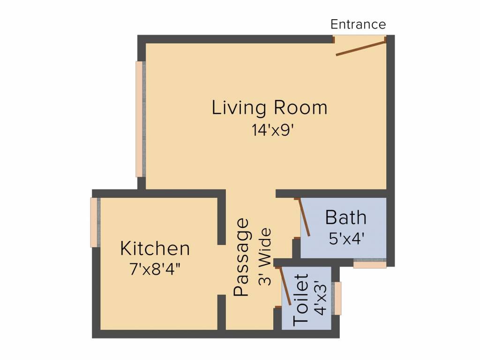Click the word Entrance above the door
click(358, 24)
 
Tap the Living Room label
click(270, 108)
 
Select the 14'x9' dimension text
click(273, 130)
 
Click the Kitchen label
click(155, 248)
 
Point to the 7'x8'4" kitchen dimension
click(155, 270)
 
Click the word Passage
click(241, 257)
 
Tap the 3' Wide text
click(265, 256)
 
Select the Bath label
click(345, 217)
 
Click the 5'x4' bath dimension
click(346, 239)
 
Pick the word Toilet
click(300, 300)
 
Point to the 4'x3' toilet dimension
click(321, 298)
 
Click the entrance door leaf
click(360, 49)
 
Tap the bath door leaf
click(304, 217)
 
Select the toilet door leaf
click(285, 286)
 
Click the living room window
click(139, 119)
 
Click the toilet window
click(337, 299)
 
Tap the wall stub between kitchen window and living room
click(142, 184)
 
